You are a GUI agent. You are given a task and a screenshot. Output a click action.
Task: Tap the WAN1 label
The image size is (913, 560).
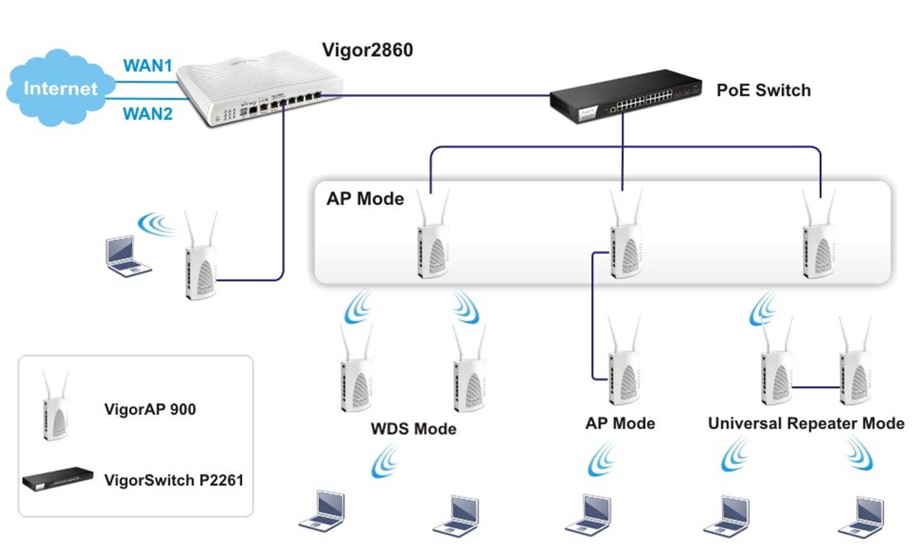148,65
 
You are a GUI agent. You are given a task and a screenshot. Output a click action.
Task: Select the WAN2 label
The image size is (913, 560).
148,114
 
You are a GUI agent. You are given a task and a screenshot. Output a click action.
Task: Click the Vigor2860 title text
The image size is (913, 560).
367,50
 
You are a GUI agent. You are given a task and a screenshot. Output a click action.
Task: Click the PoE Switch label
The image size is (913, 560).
763,90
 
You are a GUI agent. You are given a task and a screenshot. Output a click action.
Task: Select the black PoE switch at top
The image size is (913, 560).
623,96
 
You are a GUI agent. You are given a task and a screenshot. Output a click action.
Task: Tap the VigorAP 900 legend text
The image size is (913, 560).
150,409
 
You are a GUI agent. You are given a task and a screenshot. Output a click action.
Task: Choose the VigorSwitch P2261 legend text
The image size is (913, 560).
174,480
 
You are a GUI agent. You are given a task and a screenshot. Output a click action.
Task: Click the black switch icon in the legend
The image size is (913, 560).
58,478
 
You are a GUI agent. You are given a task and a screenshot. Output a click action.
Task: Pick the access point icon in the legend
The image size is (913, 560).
56,407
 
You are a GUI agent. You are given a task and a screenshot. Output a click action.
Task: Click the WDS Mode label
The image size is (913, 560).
414,428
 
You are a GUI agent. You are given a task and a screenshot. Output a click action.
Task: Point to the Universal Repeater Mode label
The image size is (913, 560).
806,423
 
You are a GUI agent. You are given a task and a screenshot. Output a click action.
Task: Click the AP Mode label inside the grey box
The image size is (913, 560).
365,199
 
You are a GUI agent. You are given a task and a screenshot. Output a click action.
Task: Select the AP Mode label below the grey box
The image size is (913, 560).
620,423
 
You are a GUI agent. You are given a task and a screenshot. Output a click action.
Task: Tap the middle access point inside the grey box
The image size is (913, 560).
625,240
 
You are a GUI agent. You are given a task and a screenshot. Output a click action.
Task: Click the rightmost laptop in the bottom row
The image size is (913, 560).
863,516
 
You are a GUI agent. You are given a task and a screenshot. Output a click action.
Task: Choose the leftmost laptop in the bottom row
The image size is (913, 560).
324,511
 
